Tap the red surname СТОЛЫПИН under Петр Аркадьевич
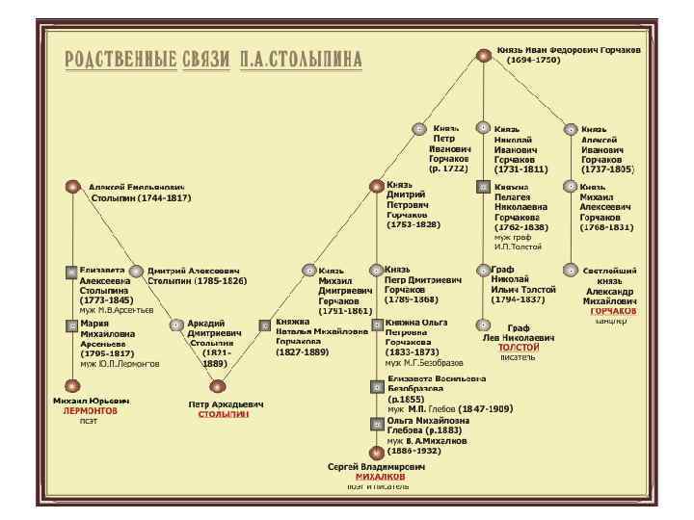pos(223,414)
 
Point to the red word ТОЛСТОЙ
pos(519,347)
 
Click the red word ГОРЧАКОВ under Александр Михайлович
pos(613,311)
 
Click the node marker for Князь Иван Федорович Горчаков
pos(484,54)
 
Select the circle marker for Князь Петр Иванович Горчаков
pos(418,128)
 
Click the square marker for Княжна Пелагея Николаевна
pos(484,187)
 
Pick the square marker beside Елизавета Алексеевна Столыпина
pos(71,272)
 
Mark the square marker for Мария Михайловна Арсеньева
pos(71,325)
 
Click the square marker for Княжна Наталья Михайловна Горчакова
pos(264,325)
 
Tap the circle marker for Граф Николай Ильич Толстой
pos(484,272)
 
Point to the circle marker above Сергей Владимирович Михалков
pos(376,451)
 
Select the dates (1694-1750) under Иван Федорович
pos(534,60)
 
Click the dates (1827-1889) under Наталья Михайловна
pos(304,352)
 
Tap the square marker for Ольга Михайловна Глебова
pos(377,423)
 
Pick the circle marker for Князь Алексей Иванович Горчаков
pos(571,128)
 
